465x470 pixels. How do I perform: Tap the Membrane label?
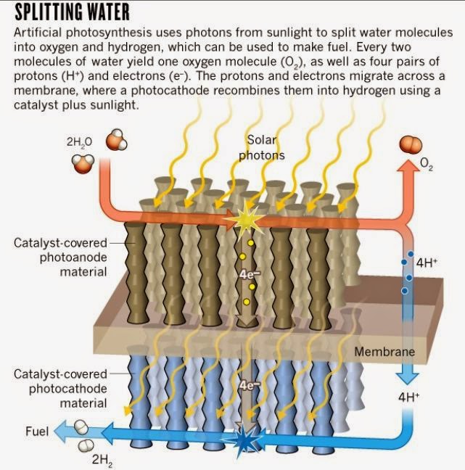coord(384,352)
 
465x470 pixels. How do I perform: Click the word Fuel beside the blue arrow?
coord(36,432)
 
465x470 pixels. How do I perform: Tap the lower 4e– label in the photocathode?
coord(248,386)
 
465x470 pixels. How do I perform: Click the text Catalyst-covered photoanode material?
coord(61,257)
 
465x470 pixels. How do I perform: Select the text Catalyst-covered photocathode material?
coord(61,388)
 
